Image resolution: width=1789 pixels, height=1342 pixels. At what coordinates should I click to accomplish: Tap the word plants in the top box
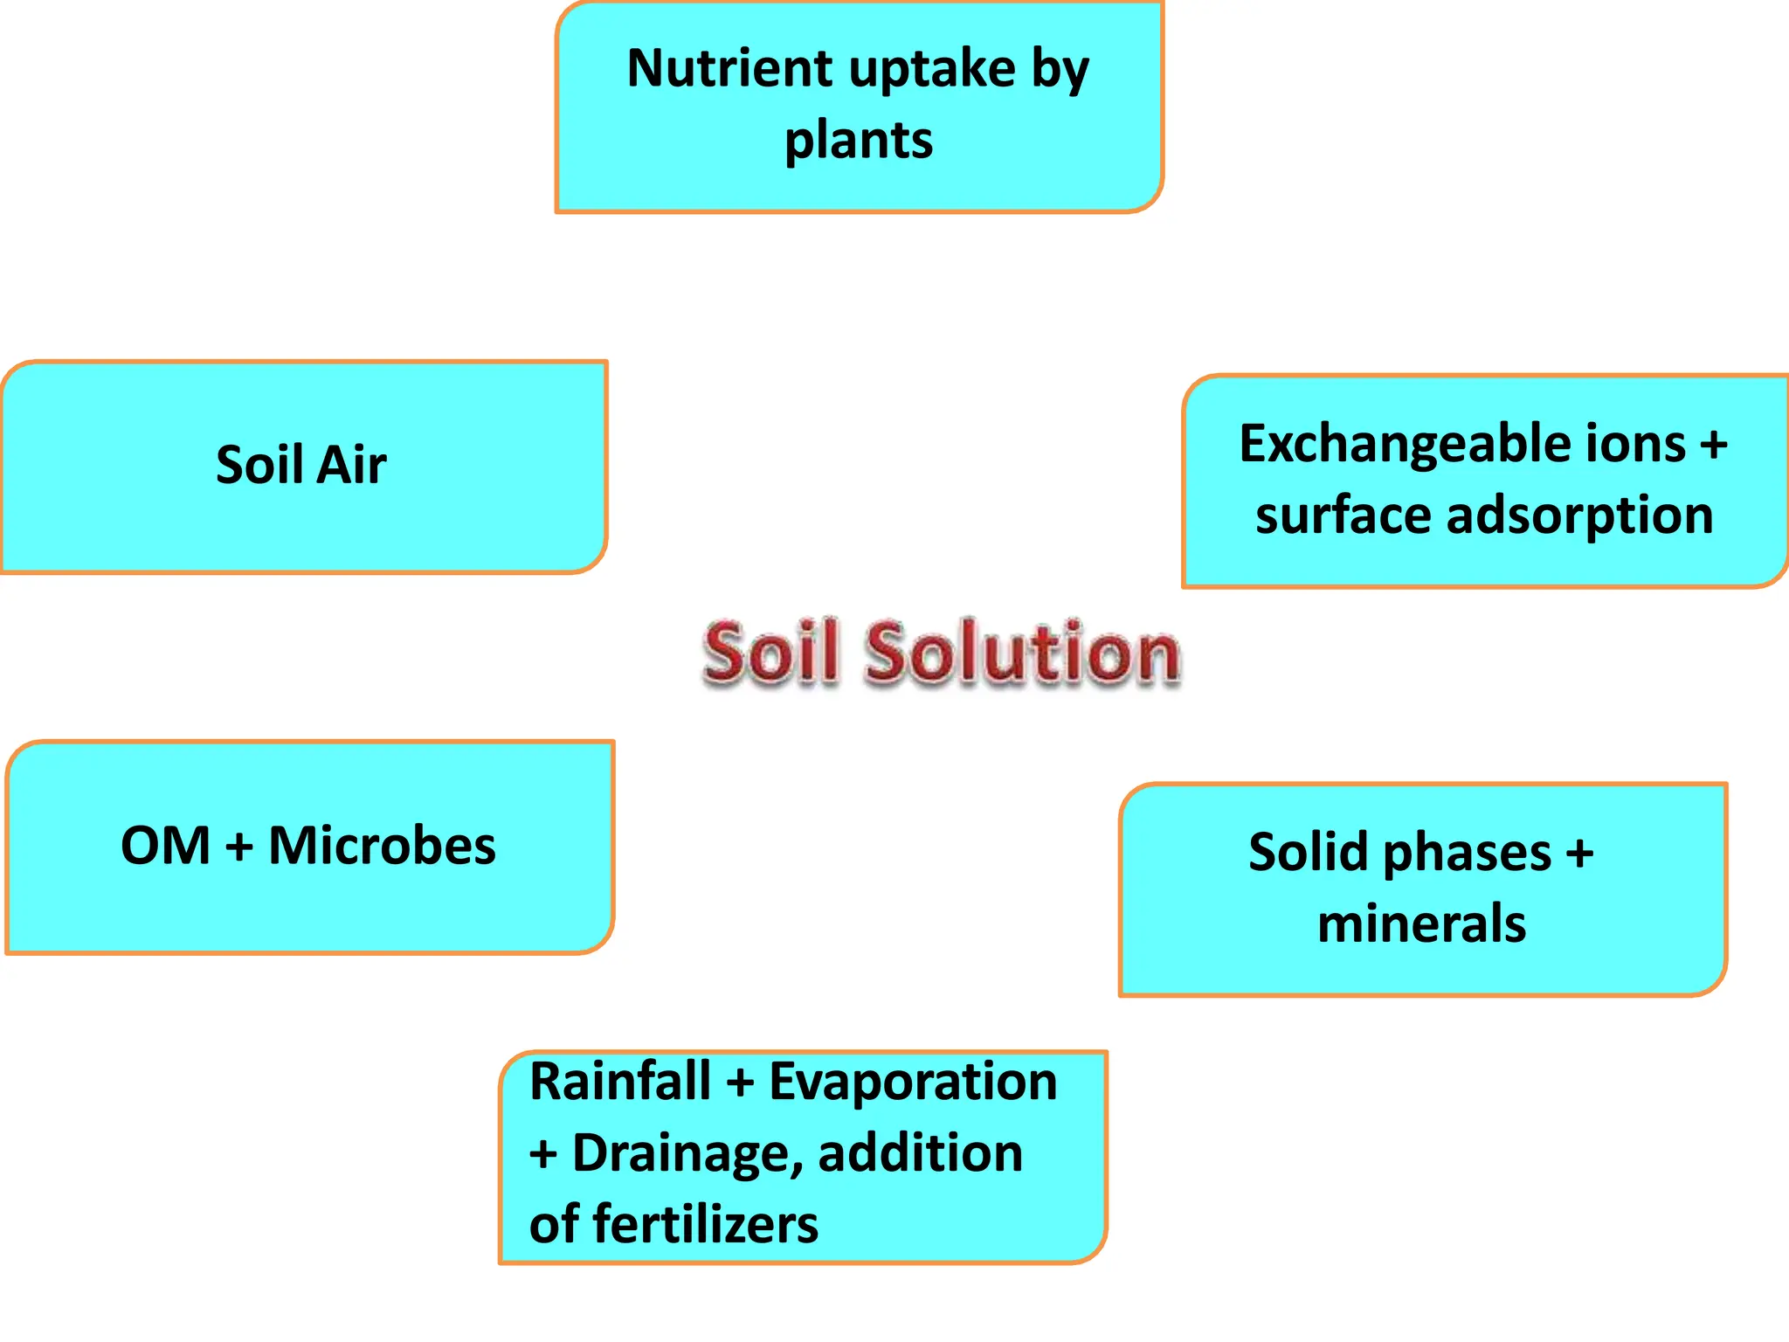pos(859,141)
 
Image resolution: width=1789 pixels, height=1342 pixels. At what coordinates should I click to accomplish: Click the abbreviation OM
pos(165,846)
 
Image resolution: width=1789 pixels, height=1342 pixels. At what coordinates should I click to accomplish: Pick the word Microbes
pos(382,846)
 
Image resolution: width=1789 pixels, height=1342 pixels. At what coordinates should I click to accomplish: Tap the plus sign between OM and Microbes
pos(238,847)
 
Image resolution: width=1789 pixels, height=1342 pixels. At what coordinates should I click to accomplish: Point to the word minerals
pos(1421,923)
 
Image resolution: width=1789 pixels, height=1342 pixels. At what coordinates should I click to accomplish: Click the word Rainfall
pos(619,1082)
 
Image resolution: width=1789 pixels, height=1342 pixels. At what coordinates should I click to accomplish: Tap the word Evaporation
pos(912,1082)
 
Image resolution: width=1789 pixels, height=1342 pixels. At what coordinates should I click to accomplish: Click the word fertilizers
pos(705,1224)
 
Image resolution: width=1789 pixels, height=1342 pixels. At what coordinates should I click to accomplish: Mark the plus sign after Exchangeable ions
pos(1713,445)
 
